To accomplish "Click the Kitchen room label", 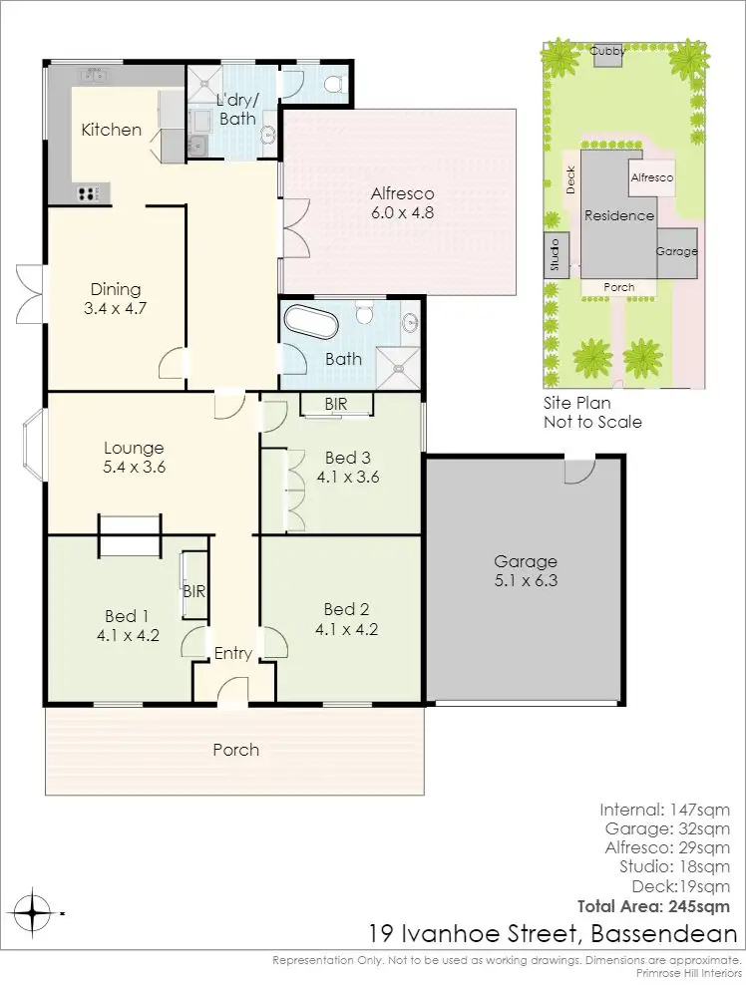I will point(111,130).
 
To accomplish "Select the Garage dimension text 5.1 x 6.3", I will point(525,580).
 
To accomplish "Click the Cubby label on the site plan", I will point(606,50).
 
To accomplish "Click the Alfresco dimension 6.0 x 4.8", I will point(402,211).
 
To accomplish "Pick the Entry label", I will point(233,653).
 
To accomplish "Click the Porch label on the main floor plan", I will point(235,750).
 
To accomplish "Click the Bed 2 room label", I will point(346,609).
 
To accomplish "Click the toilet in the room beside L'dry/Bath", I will point(333,84).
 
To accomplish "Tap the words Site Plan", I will point(576,404).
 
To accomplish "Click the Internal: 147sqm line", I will point(664,809).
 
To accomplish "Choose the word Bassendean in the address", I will point(663,934).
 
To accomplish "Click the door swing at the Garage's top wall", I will point(576,470).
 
